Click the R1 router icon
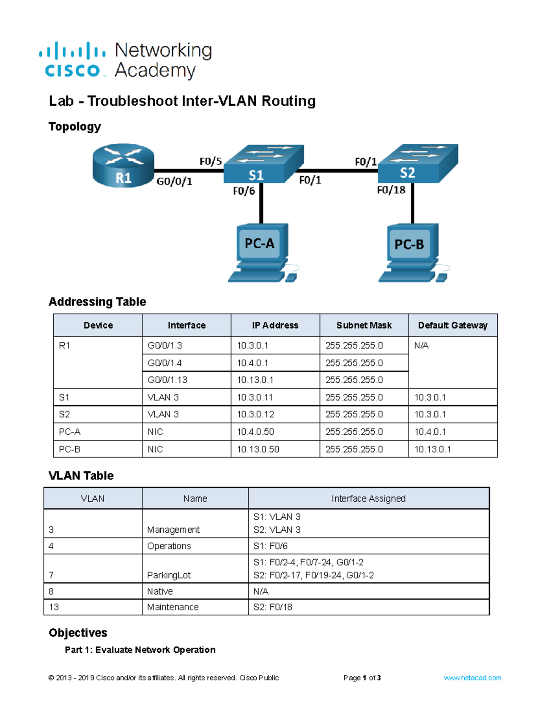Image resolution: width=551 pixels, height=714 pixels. click(x=123, y=166)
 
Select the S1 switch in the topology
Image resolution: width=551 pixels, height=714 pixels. click(x=263, y=166)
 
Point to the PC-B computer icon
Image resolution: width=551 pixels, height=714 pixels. click(x=410, y=252)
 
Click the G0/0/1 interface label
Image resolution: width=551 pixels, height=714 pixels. click(x=174, y=182)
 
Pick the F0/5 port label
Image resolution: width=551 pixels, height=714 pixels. click(x=211, y=161)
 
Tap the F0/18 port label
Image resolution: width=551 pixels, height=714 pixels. click(x=391, y=190)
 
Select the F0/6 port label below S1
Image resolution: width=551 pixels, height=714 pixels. click(x=244, y=191)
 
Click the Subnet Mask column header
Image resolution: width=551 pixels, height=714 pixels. click(x=364, y=326)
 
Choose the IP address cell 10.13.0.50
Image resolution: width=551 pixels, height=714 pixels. click(x=258, y=449)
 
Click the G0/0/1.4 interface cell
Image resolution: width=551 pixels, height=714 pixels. click(x=165, y=363)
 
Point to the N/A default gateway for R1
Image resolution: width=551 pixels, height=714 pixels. click(x=422, y=345)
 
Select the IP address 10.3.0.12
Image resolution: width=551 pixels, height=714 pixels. click(x=255, y=414)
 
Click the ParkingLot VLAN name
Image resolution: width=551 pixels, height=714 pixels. click(x=169, y=575)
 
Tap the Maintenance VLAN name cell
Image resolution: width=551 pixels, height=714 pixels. click(x=173, y=607)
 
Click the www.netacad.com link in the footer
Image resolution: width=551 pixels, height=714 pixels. click(x=472, y=678)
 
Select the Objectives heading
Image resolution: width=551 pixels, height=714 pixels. click(x=78, y=633)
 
